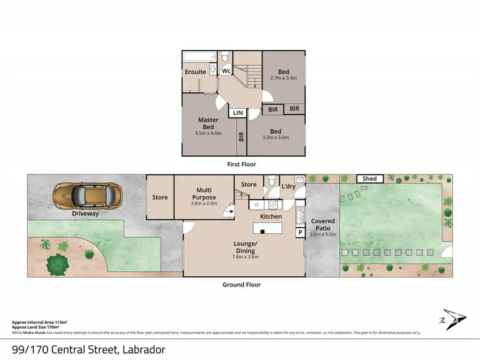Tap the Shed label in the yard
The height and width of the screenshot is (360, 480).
(x=369, y=179)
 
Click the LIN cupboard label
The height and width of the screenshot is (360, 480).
(x=238, y=113)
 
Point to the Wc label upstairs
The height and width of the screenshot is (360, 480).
(x=226, y=72)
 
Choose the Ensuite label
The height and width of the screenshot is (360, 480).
(x=196, y=72)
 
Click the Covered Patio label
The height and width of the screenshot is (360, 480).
(x=323, y=225)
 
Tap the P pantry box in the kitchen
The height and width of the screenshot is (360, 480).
(x=300, y=233)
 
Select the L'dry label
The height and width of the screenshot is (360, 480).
(x=288, y=185)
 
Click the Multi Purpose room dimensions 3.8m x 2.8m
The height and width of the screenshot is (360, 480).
(x=204, y=203)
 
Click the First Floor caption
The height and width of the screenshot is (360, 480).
(x=242, y=164)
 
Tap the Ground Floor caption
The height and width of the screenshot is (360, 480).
(x=242, y=285)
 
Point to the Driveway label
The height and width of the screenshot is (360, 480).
(x=85, y=214)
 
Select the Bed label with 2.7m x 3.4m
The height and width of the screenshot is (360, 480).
(x=284, y=75)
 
